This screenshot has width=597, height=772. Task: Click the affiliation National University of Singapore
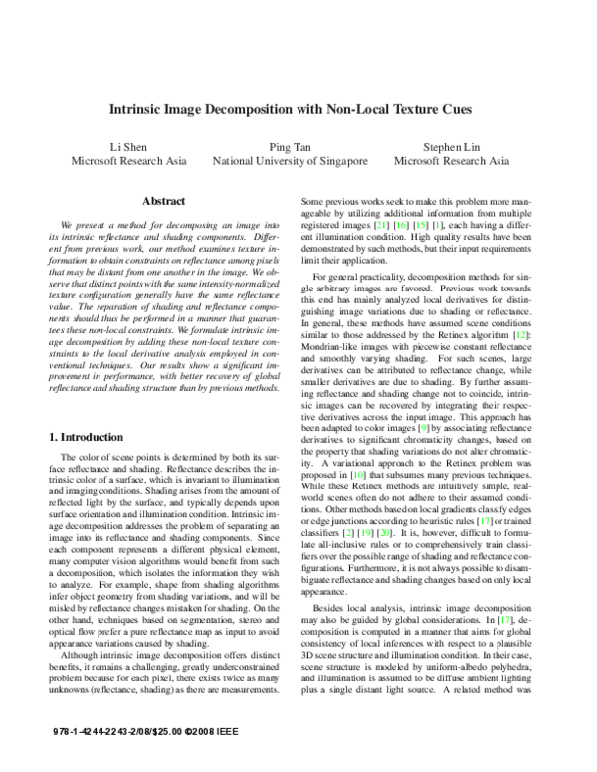point(290,160)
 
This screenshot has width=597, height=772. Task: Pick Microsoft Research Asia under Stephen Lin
point(452,160)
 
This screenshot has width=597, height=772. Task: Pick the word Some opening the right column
point(312,200)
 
